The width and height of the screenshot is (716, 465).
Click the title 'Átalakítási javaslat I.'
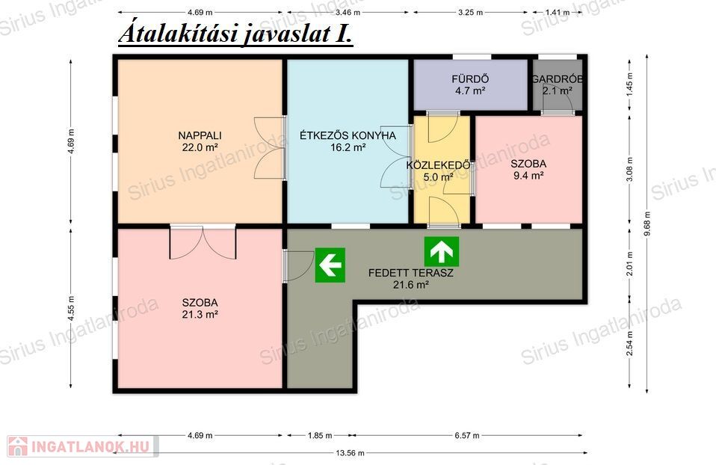tap(235, 34)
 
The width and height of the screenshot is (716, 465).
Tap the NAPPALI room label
tap(200, 135)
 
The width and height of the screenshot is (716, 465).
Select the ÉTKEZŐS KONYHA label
tap(348, 135)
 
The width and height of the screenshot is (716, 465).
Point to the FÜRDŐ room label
tap(470, 79)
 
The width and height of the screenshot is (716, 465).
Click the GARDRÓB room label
tap(557, 79)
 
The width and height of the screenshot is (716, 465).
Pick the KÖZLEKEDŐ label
tap(439, 165)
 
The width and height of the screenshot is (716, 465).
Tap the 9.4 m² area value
tap(528, 176)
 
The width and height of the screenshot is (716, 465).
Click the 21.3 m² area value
tap(200, 314)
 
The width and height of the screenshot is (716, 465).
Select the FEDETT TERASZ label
tap(410, 273)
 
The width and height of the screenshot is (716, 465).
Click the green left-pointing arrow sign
tap(330, 265)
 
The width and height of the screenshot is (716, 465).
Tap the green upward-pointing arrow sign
tap(442, 252)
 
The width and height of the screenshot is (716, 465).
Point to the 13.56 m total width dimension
tap(351, 453)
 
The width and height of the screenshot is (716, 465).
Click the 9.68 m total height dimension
tap(646, 224)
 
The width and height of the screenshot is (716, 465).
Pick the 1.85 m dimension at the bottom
tap(320, 435)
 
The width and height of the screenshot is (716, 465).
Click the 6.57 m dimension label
tap(467, 435)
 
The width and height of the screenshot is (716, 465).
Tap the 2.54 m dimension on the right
tap(630, 343)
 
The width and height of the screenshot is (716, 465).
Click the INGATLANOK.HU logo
tap(83, 446)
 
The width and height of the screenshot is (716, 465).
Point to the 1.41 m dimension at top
tap(558, 12)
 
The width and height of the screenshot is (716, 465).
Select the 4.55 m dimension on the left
tap(71, 308)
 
